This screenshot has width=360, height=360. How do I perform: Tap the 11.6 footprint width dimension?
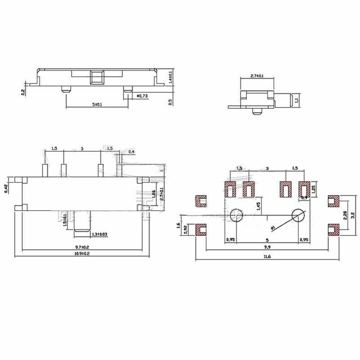point(268,256)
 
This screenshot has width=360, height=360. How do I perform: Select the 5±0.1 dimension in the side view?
point(97,104)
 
